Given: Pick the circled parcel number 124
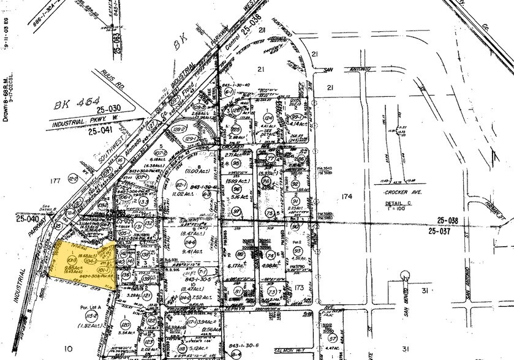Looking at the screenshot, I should pos(268,118).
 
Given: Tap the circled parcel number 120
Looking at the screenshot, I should pos(126,324).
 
